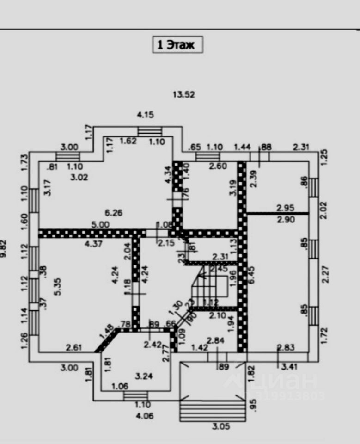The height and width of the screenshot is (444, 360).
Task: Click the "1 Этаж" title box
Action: coord(178,45)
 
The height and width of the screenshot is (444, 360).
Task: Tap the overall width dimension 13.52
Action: coord(184,95)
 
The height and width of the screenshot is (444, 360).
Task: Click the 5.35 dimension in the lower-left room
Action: coord(57,287)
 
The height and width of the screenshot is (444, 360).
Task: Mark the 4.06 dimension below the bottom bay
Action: coord(145,416)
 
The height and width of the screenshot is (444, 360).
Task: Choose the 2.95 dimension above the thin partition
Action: coord(286,208)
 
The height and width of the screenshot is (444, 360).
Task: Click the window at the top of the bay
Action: coord(150,131)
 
